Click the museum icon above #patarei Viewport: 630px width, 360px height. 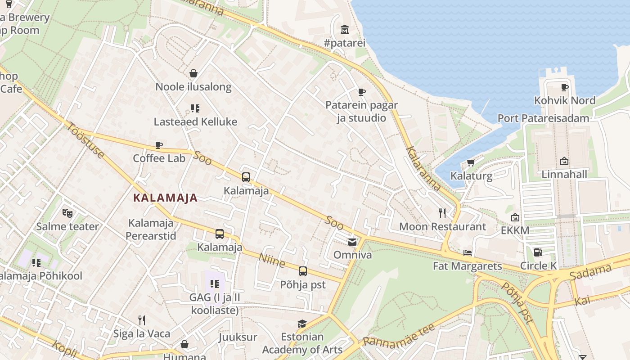[x=345, y=30]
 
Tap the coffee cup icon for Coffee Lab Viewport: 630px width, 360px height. [x=158, y=145]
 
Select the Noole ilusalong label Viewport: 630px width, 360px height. [x=193, y=87]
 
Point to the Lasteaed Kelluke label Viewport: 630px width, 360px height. [x=195, y=122]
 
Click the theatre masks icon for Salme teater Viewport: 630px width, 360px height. [x=67, y=213]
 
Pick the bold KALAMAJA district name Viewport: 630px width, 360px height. [x=166, y=198]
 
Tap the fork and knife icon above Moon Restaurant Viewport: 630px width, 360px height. [x=442, y=213]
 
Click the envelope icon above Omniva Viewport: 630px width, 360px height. [x=352, y=242]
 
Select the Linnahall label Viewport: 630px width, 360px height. [x=564, y=174]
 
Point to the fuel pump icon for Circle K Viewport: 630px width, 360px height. [x=538, y=252]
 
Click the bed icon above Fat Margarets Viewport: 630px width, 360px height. [x=468, y=253]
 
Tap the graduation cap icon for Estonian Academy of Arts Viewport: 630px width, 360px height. [x=302, y=324]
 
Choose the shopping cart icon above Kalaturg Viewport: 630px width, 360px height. [x=471, y=162]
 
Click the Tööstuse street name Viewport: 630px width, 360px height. [x=85, y=139]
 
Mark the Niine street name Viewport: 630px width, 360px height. [x=272, y=260]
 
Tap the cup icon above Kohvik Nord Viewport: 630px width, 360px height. [x=565, y=87]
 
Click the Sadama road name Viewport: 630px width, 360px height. [x=590, y=272]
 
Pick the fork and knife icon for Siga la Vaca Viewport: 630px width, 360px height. [x=141, y=320]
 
